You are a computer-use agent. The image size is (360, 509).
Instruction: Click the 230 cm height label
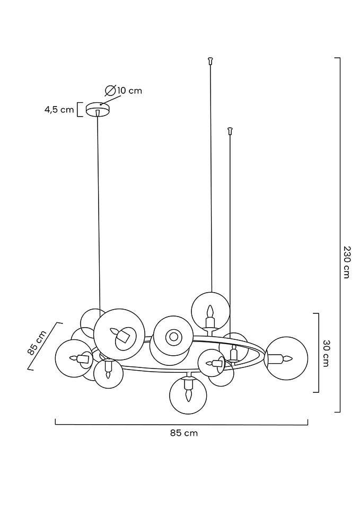346,262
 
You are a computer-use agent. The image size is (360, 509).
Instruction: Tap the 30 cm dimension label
326,353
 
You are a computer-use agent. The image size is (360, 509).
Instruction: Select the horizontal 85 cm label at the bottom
183,433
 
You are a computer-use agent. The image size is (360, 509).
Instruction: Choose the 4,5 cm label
59,110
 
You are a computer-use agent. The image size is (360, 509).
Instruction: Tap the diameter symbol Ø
111,90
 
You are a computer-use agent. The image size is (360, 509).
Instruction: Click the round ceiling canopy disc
97,108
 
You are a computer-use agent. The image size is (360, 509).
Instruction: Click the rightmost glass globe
286,358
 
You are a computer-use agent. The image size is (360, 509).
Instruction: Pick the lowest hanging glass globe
187,395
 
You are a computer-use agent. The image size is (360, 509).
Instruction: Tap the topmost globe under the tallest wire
210,311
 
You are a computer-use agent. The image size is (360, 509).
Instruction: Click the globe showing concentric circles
173,336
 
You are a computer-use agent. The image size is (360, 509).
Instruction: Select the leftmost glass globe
74,358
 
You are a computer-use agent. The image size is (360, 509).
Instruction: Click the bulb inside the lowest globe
187,393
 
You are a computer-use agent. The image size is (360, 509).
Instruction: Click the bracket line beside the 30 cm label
317,353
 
